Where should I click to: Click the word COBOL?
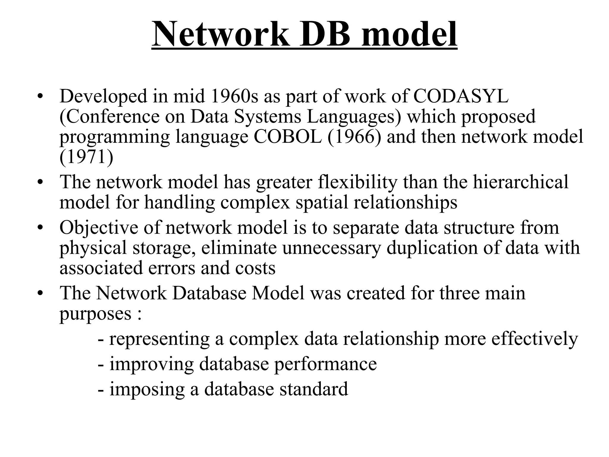coord(288,137)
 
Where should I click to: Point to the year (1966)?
coord(354,137)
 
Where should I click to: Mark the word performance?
coord(325,364)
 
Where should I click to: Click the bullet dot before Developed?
coord(40,97)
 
